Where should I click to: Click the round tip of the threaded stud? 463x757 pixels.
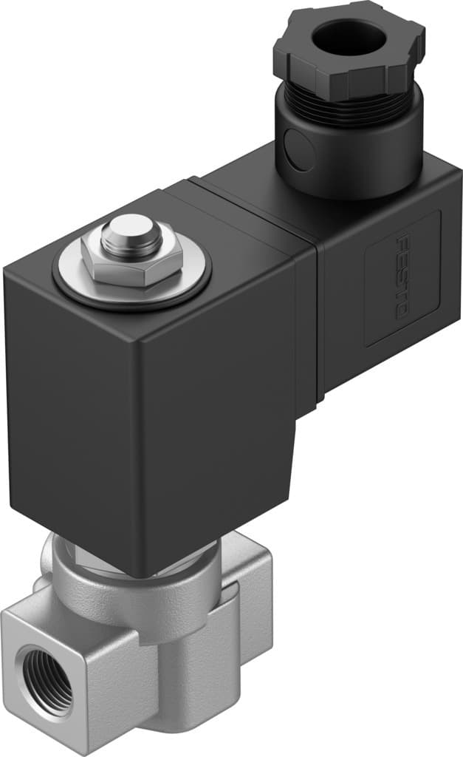coord(129,231)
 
